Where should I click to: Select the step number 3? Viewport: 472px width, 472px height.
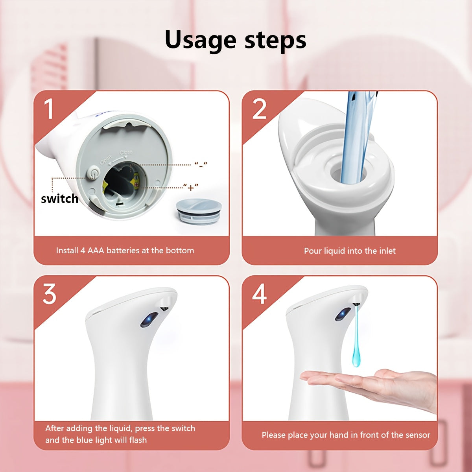pyautogui.click(x=50, y=294)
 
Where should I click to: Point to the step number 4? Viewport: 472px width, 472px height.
pyautogui.click(x=259, y=294)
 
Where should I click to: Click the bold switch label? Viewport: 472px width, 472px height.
pyautogui.click(x=59, y=199)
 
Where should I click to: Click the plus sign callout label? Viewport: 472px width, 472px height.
pyautogui.click(x=191, y=187)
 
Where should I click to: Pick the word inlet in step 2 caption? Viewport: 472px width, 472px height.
pyautogui.click(x=387, y=251)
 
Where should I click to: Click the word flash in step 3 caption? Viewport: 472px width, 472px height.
pyautogui.click(x=138, y=440)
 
